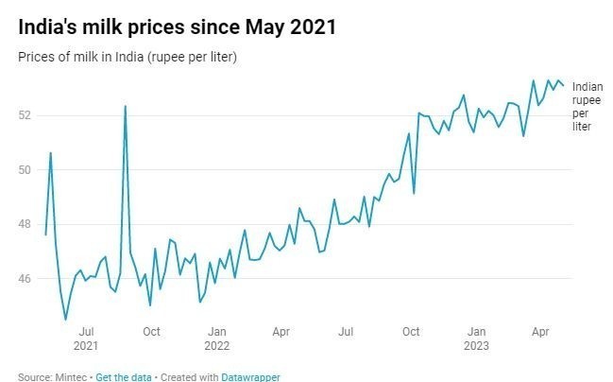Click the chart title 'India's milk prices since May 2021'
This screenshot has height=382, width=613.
click(177, 27)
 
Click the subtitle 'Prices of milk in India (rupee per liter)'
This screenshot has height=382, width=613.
click(127, 58)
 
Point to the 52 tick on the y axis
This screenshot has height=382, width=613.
click(26, 115)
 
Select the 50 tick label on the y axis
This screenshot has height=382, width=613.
click(26, 170)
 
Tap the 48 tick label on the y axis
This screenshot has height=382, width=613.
click(26, 225)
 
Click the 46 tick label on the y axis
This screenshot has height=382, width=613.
click(26, 280)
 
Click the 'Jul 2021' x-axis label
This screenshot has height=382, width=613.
click(86, 338)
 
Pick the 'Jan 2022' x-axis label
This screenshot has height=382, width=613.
click(217, 338)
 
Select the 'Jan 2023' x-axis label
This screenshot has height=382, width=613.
click(477, 338)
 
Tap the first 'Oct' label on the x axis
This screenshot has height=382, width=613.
click(151, 332)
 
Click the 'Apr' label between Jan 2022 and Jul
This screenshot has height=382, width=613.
click(281, 332)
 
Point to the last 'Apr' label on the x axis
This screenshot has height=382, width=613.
click(541, 332)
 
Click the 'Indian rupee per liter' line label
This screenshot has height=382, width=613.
click(587, 106)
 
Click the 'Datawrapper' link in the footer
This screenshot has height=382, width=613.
click(250, 376)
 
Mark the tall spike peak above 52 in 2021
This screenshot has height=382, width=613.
click(125, 106)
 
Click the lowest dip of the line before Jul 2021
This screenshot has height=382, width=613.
click(65, 320)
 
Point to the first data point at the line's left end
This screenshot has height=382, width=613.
click(45, 234)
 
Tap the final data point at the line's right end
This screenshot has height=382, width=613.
click(564, 86)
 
